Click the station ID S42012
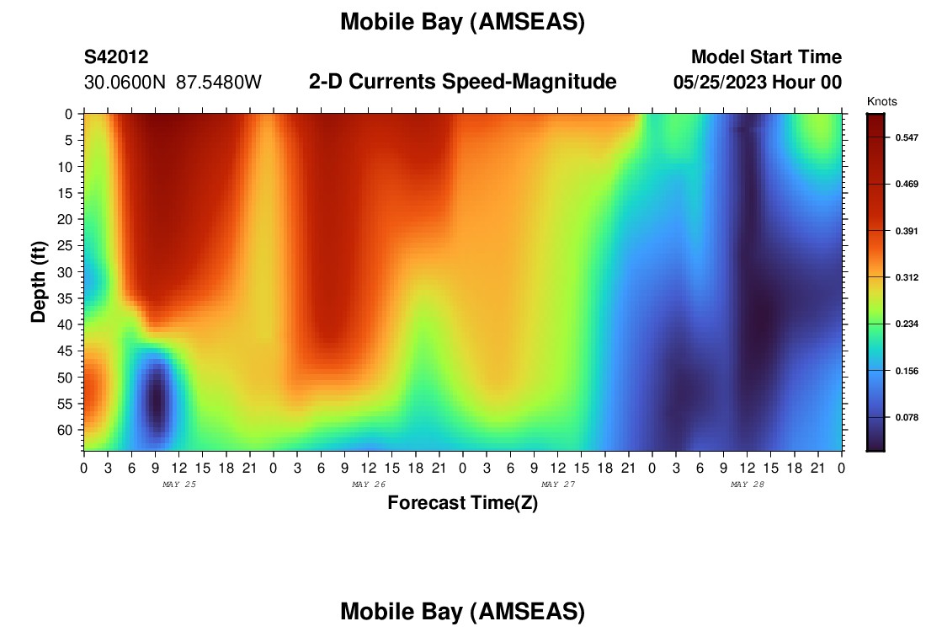[x=116, y=56]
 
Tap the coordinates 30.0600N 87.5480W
[x=173, y=83]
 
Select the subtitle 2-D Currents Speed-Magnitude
[x=462, y=82]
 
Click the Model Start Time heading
[x=766, y=56]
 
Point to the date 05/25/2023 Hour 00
[x=758, y=83]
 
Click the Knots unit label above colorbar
[x=881, y=102]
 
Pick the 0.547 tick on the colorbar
[x=907, y=137]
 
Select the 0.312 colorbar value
[x=907, y=277]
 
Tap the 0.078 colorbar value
[x=907, y=417]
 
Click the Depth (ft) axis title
[x=39, y=281]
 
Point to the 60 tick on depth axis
[x=65, y=430]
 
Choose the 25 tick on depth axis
[x=65, y=245]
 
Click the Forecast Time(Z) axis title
[x=462, y=503]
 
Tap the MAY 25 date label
[x=179, y=485]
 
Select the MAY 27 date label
[x=558, y=485]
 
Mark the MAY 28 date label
[x=747, y=485]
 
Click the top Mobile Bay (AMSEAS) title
[x=462, y=22]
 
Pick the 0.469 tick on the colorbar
[x=907, y=185]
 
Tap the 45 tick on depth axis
[x=65, y=351]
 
